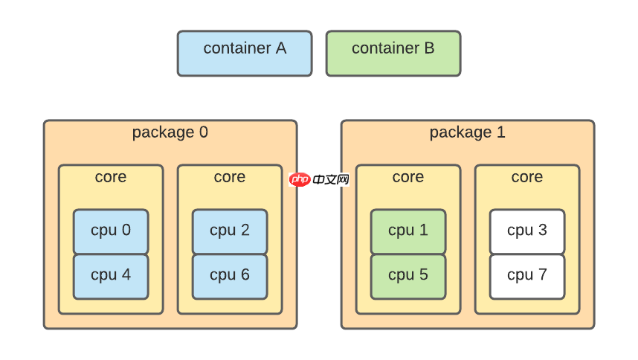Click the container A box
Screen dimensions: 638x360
coord(245,54)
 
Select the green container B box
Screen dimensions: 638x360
coord(393,54)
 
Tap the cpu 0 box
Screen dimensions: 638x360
coord(111,231)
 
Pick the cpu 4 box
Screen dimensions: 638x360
coord(111,277)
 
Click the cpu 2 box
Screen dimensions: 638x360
coord(230,231)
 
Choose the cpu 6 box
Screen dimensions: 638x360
coord(230,277)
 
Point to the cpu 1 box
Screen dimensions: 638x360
coord(408,231)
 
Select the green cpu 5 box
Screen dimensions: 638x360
coord(408,277)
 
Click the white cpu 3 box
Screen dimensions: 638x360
coord(527,231)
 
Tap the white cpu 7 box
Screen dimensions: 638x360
coord(527,277)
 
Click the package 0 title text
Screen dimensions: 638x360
coord(170,133)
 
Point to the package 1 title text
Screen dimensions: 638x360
coord(468,133)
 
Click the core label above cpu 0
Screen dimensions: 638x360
coord(111,177)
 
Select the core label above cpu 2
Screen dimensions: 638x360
coord(230,177)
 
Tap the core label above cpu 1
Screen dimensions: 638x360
coord(408,177)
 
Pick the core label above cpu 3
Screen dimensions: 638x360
coord(527,177)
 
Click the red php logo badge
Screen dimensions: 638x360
coord(300,179)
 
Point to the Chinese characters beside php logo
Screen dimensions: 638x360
coord(331,179)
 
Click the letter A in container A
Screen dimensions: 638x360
coord(281,48)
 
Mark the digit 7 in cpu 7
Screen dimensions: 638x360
coord(542,274)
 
